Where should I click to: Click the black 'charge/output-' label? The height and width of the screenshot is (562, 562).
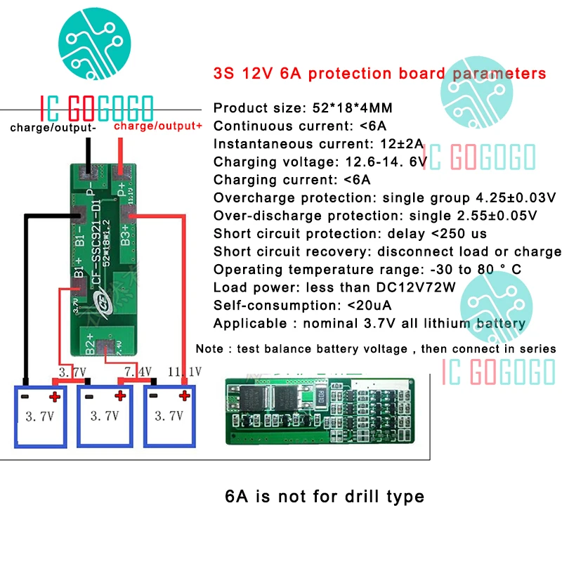pyautogui.click(x=53, y=128)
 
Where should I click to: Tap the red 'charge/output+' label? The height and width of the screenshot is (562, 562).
pyautogui.click(x=157, y=126)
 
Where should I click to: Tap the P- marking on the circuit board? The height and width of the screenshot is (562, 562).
pyautogui.click(x=91, y=192)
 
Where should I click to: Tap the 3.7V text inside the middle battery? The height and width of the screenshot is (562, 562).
pyautogui.click(x=104, y=416)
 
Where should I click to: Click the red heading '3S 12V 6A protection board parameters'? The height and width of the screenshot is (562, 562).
pyautogui.click(x=379, y=73)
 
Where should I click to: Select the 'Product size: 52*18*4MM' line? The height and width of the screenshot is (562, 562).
pyautogui.click(x=303, y=107)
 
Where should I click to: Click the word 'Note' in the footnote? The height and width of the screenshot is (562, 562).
pyautogui.click(x=209, y=348)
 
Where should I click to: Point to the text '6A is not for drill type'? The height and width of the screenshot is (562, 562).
pyautogui.click(x=325, y=497)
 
